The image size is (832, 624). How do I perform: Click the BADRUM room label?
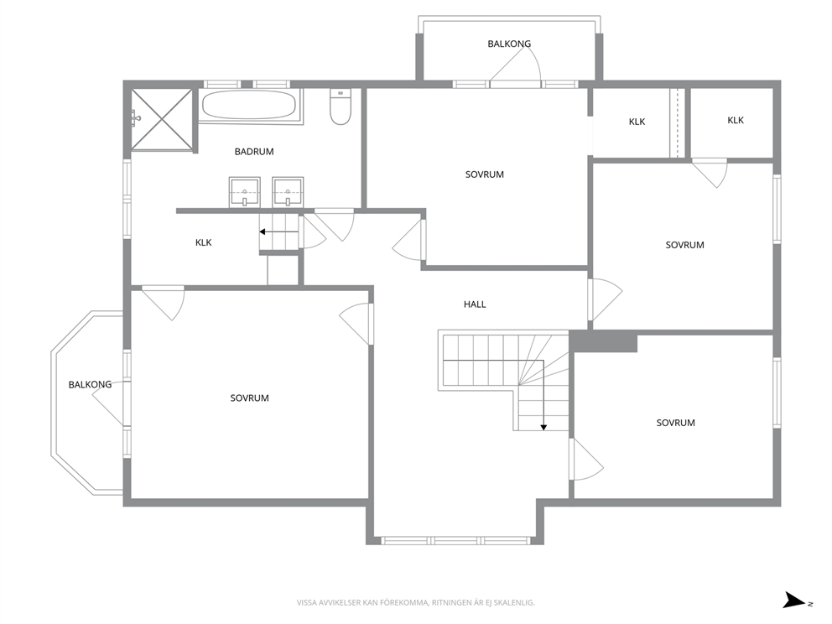click(x=254, y=152)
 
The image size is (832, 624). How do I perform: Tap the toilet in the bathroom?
click(x=341, y=107)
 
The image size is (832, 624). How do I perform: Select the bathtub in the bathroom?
click(x=249, y=107)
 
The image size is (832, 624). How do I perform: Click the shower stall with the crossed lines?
click(x=161, y=119)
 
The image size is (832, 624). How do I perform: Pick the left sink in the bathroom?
click(x=245, y=192)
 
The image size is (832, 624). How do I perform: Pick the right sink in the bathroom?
click(x=289, y=192)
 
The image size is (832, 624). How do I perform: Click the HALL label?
click(x=475, y=304)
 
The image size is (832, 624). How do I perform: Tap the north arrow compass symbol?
click(x=796, y=601)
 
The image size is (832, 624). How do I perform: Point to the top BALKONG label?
click(x=509, y=44)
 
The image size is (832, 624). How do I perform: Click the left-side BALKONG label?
click(x=91, y=385)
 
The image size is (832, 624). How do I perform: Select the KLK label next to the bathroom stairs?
click(x=204, y=242)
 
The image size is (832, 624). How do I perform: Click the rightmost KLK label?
click(x=736, y=121)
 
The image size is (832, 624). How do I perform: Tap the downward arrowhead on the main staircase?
click(x=543, y=427)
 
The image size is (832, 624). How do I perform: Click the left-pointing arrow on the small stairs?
click(x=279, y=231)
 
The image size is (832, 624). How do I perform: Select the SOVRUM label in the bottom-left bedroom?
click(x=249, y=398)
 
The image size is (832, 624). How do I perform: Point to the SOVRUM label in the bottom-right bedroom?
click(x=675, y=423)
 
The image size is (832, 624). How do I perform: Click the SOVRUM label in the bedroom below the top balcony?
click(x=485, y=174)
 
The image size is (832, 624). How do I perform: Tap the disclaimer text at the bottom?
click(x=415, y=603)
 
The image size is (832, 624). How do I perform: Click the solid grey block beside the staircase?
click(x=603, y=341)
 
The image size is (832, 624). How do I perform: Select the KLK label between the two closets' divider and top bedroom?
click(x=637, y=122)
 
